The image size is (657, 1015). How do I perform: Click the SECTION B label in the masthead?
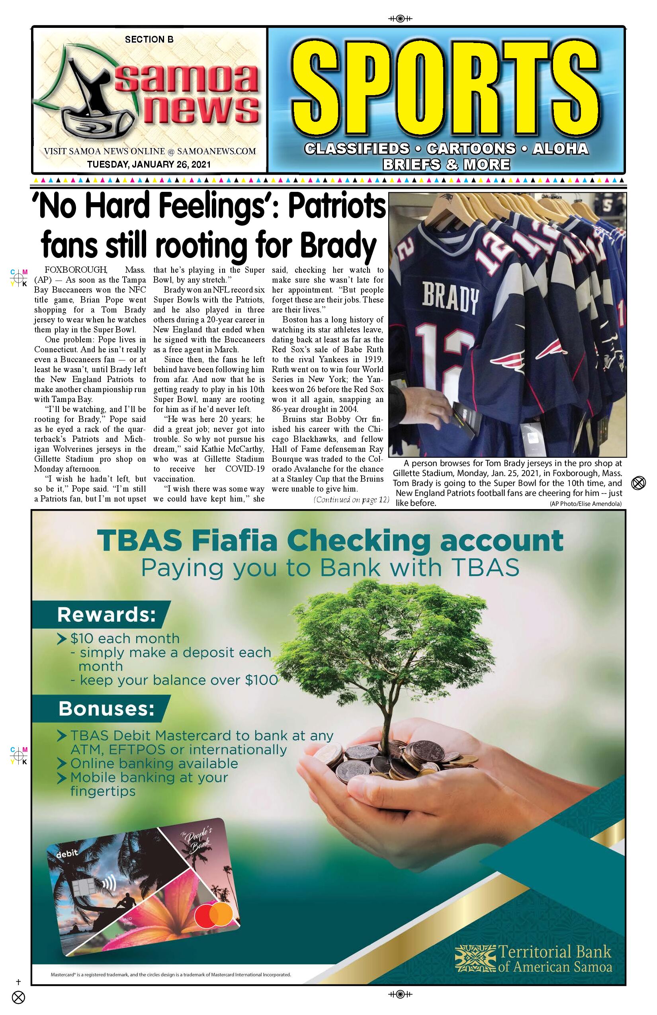(x=149, y=40)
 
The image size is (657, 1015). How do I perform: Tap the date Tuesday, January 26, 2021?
(x=149, y=164)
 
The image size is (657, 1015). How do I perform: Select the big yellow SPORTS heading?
(x=446, y=88)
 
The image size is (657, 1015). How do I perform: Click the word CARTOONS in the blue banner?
(x=471, y=148)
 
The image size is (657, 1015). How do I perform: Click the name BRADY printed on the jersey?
(x=450, y=299)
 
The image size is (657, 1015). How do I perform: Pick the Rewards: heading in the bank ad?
(x=107, y=615)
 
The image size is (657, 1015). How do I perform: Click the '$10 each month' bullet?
(x=125, y=638)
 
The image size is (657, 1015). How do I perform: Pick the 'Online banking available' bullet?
(x=154, y=763)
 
